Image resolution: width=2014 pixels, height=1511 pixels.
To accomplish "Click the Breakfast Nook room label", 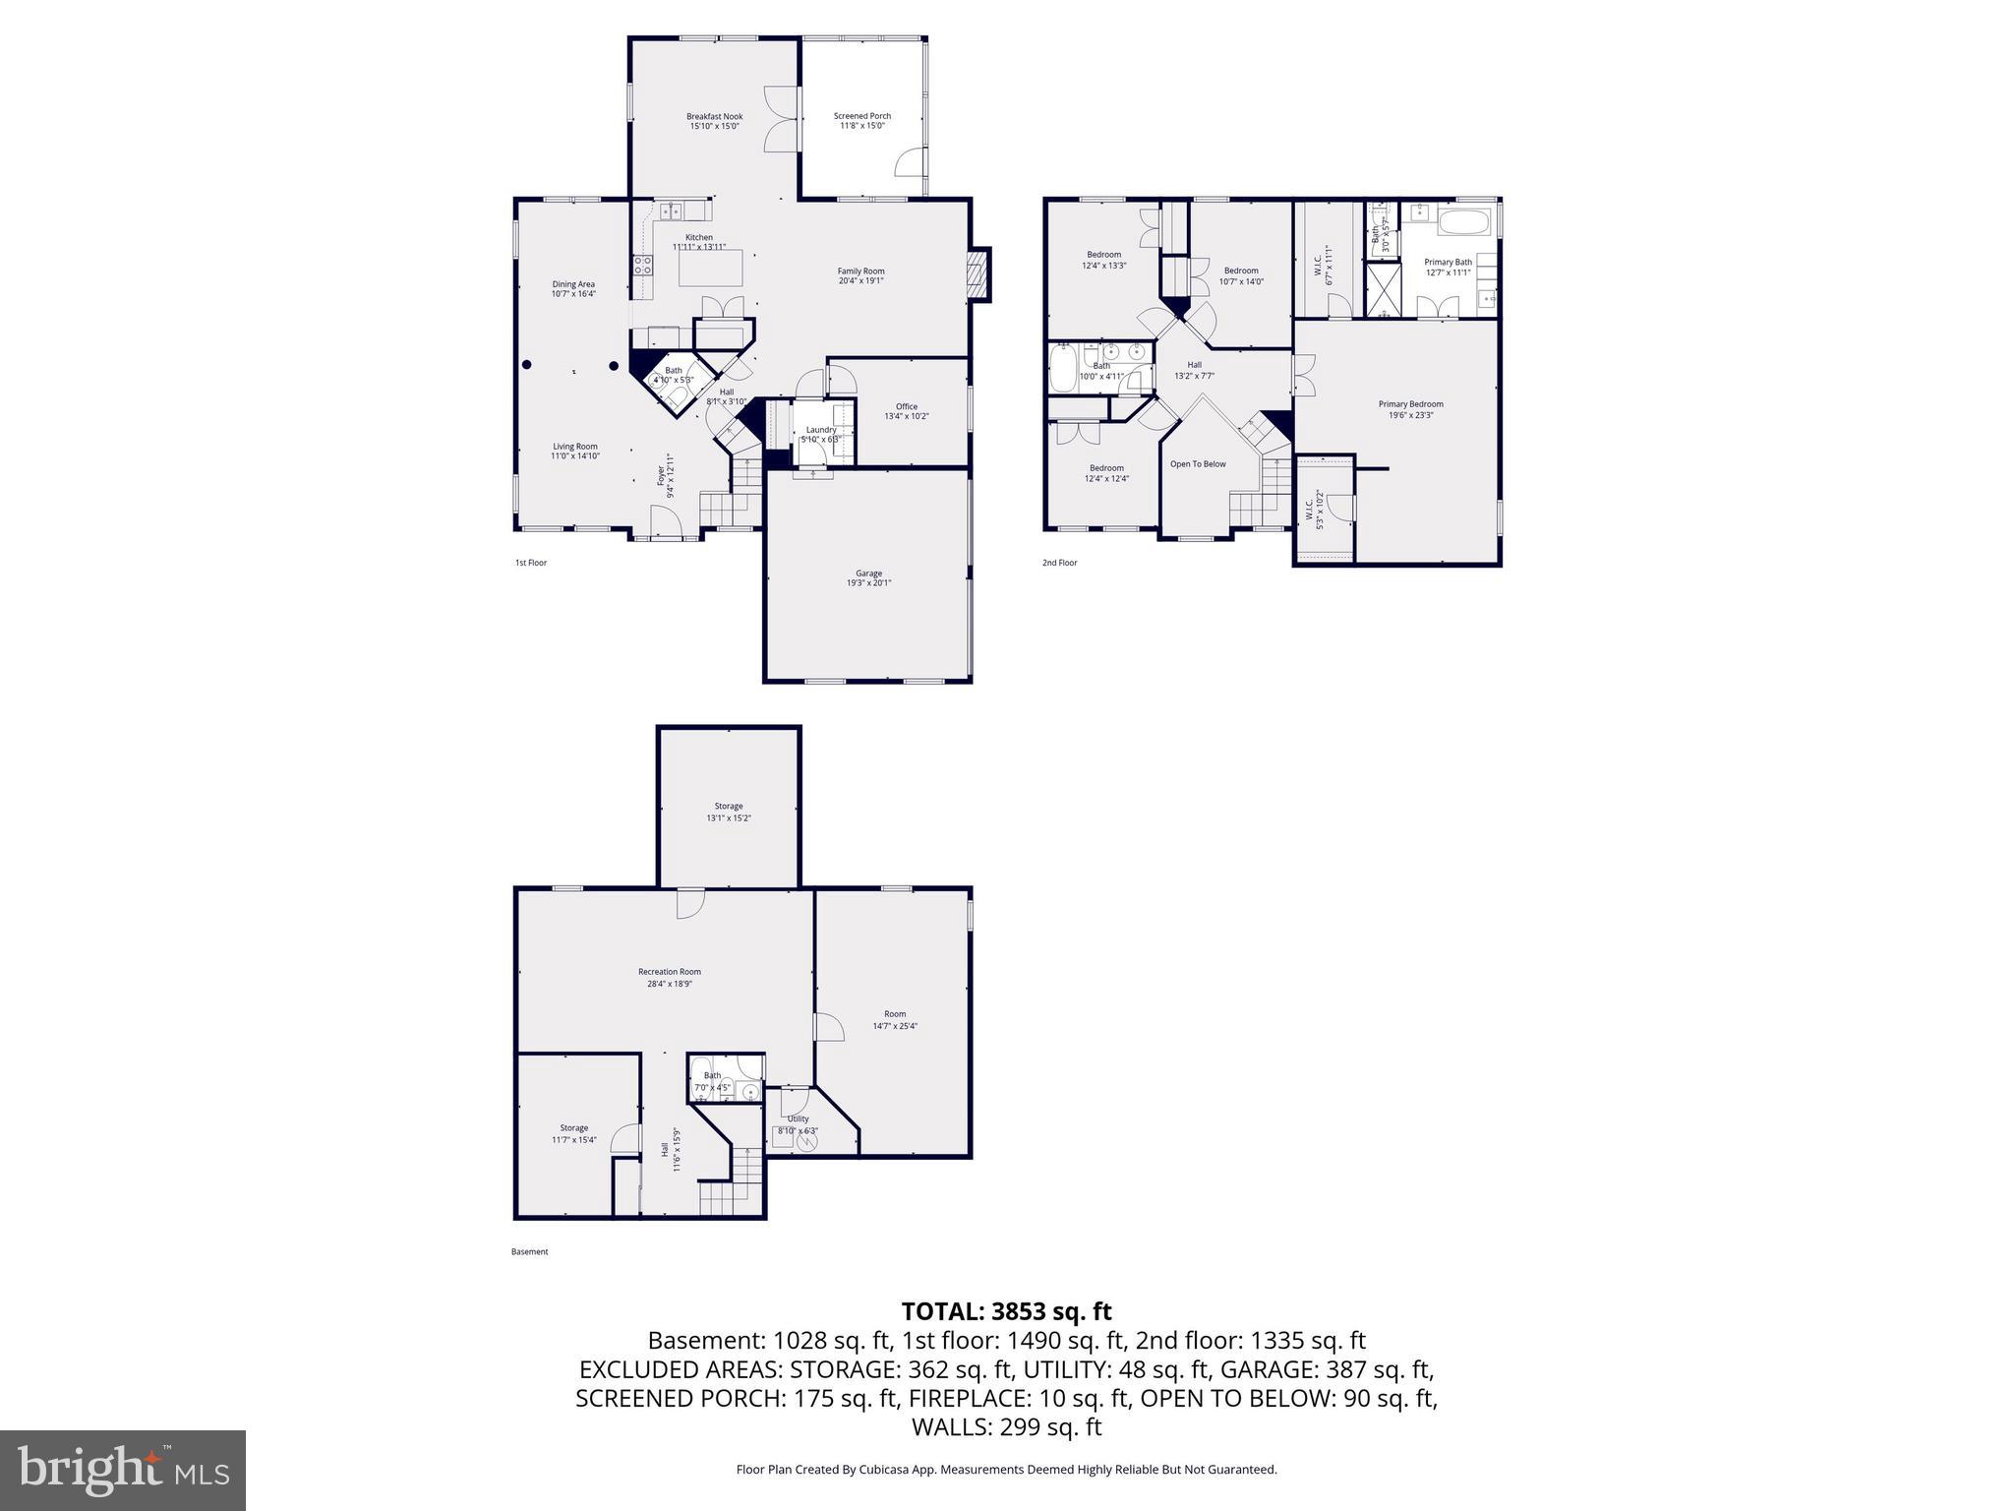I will [714, 117].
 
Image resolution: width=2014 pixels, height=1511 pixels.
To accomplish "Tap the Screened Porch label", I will [861, 116].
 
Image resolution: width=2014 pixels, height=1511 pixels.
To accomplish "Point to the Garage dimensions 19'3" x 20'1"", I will [868, 583].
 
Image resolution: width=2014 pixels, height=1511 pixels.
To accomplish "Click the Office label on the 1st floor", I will [906, 406].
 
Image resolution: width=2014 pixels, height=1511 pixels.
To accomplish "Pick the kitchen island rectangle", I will [710, 269].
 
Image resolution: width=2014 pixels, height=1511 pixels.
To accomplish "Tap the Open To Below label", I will [1197, 464].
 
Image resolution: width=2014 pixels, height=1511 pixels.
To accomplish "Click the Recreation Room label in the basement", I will [669, 972].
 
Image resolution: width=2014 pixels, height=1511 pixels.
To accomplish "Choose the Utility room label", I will [798, 1118].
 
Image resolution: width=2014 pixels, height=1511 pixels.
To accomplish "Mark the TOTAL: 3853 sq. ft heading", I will [1006, 1311].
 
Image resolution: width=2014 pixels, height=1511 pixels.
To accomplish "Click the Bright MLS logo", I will [123, 1470].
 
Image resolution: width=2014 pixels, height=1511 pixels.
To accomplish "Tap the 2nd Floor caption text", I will [1059, 563].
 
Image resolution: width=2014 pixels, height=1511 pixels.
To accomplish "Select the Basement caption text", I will [529, 1252].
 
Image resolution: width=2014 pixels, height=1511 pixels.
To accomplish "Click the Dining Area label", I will [572, 284].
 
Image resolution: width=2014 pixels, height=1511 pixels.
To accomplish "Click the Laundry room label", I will [820, 430].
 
